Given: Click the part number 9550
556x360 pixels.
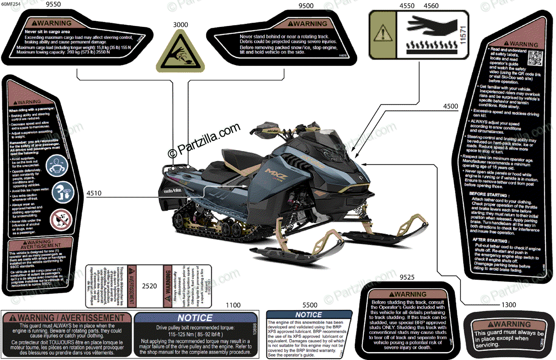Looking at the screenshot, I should coord(64,5).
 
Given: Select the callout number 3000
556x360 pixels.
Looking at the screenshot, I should coord(181,25).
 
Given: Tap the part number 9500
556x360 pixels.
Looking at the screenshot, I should coord(306,6).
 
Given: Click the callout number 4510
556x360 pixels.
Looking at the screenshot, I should coord(94,193).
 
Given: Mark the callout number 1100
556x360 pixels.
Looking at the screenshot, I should coord(234,305).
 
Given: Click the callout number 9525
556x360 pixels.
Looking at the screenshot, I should coord(407,278).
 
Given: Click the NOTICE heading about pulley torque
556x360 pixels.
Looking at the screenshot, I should coord(196,318).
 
